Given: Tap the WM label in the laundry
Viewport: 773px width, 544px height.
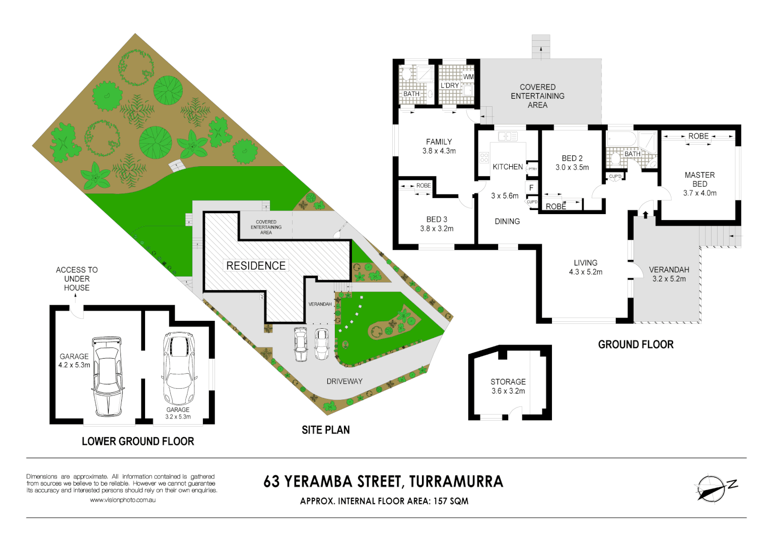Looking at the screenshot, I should pos(468,77).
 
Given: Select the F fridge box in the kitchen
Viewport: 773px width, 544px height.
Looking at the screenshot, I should pos(531,188).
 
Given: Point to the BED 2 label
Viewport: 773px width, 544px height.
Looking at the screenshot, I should pos(572,158).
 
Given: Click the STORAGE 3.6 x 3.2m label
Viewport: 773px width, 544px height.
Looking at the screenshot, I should pos(508,386).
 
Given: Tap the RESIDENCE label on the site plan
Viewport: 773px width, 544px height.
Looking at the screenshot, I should pos(256,266).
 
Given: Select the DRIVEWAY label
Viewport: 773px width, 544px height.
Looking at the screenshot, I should pos(344,381).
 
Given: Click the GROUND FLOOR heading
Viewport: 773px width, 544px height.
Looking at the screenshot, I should pos(636,345).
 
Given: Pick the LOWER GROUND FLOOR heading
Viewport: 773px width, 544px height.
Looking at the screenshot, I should pos(138,441).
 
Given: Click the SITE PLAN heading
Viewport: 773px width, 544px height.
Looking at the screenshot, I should pos(326,430).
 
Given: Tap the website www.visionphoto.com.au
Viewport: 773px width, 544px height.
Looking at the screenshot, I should pos(123,500).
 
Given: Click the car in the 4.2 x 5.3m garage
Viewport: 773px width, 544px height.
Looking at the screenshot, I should pos(107,376).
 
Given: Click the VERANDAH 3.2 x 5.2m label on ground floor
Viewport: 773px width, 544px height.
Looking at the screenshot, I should pos(669,274).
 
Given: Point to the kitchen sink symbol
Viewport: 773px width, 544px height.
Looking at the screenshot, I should pos(508,137).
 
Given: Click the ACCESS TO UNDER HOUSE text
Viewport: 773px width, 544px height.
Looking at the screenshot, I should pos(77,279).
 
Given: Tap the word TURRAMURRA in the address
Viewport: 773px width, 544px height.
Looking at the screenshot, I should pos(456,482).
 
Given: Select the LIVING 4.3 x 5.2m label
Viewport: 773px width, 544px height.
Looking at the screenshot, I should pos(586,267).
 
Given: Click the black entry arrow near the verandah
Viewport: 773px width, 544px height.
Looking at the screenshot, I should pos(646,214).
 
